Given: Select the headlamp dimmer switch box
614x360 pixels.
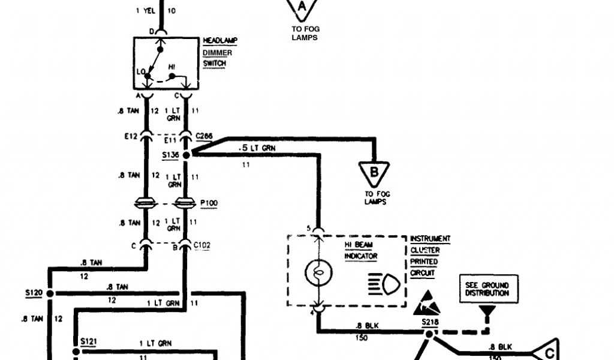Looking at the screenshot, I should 166,63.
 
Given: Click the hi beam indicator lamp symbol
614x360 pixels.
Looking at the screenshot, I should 316,274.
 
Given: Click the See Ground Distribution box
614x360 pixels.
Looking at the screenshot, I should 487,289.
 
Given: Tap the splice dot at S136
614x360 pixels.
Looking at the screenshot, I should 186,155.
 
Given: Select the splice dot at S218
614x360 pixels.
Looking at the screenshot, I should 429,331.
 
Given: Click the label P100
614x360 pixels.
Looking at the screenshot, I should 209,203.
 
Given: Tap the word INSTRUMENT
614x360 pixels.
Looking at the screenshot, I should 430,239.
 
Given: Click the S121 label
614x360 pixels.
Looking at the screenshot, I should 88,341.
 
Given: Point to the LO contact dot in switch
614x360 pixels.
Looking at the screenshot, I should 148,76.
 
